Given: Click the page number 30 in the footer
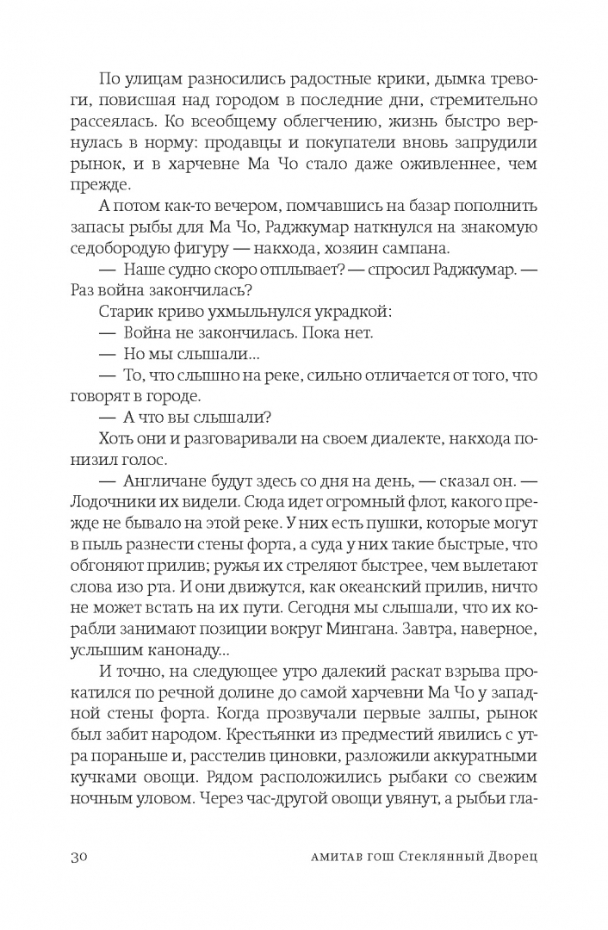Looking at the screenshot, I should tap(75, 857).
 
